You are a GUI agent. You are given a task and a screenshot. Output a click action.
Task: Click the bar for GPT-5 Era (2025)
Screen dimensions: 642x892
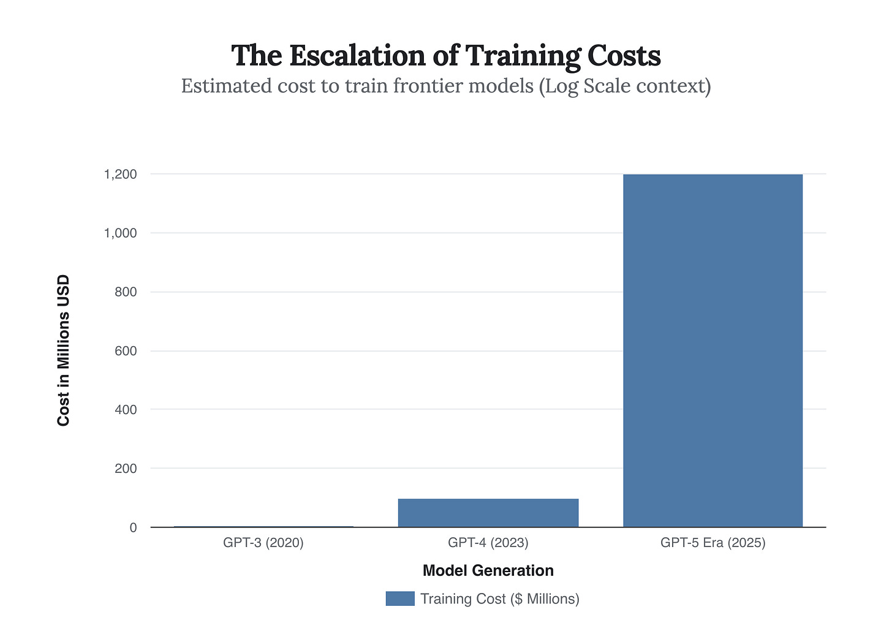[x=712, y=350]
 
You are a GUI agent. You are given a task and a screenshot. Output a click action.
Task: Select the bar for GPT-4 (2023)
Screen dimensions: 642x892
[x=488, y=513]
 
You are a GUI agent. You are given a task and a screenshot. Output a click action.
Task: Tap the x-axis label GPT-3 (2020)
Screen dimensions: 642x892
[x=263, y=543]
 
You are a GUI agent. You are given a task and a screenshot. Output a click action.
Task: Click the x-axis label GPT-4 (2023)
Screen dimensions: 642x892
[x=488, y=543]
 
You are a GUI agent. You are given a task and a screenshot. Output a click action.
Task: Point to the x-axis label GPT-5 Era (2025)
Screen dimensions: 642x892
[x=712, y=543]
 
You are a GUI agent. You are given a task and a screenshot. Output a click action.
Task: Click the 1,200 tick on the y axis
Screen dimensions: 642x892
[x=120, y=175]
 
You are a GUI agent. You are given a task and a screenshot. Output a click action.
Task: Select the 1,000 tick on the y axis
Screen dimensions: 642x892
[x=120, y=233]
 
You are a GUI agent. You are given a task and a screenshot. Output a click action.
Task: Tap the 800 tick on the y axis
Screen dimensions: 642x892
[x=125, y=292]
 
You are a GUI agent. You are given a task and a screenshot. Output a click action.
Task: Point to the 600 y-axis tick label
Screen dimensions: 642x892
[x=125, y=351]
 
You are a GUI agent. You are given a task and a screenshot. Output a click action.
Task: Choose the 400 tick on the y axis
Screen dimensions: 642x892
[x=125, y=409]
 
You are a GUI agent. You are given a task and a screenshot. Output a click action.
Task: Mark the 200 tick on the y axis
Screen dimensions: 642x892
[x=125, y=469]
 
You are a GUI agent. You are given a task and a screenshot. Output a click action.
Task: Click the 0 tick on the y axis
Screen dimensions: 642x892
[x=133, y=527]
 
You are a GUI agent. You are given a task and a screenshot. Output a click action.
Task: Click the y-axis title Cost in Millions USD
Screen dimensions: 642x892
[x=64, y=350]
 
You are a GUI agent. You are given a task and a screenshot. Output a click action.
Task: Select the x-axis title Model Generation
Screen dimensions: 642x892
[x=488, y=571]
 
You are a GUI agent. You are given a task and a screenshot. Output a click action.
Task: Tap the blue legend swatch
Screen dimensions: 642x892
[x=400, y=599]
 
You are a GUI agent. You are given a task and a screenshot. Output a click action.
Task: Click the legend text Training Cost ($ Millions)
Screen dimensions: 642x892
[x=499, y=599]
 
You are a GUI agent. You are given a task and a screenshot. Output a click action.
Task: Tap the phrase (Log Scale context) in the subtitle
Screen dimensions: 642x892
[x=625, y=86]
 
